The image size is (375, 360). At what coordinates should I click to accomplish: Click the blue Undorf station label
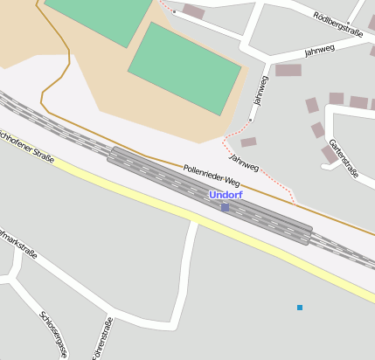(226, 195)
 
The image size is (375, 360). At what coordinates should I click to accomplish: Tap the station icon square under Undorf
(225, 207)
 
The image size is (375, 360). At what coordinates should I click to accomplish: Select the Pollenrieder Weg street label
(212, 175)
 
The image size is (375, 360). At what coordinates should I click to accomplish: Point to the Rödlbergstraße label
(337, 24)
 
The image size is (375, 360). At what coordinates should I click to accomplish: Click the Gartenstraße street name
(344, 158)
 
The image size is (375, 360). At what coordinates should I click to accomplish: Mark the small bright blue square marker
(300, 308)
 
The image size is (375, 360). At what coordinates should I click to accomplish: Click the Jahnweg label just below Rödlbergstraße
(319, 51)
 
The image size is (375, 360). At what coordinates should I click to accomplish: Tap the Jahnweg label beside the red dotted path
(244, 162)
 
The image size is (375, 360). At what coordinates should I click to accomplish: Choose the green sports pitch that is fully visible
(184, 67)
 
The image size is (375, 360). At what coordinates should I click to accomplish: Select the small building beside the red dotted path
(248, 142)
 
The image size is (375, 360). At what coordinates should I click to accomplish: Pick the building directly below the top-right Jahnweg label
(288, 70)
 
